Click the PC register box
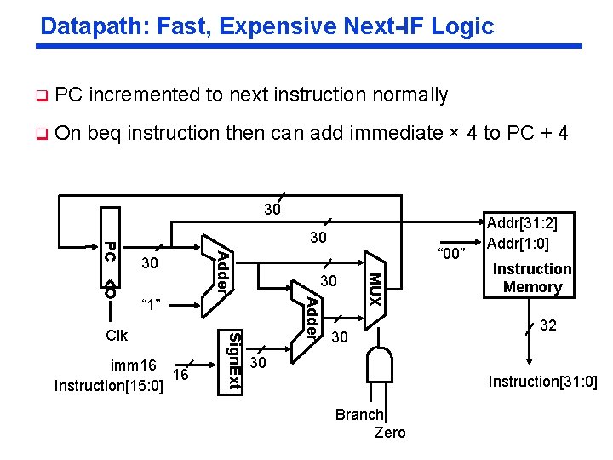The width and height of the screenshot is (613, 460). (x=110, y=254)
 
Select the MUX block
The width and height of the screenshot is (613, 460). (x=374, y=290)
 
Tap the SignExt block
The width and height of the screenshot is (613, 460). (x=234, y=360)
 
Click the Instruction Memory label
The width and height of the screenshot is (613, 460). (x=532, y=278)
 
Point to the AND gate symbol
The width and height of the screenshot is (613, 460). (x=379, y=367)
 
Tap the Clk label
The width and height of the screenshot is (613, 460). (x=116, y=336)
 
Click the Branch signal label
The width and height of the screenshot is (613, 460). (x=359, y=415)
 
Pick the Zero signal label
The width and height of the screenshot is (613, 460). (x=390, y=433)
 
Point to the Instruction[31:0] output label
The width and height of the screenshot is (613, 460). (x=542, y=381)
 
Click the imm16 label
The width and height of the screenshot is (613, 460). (x=134, y=365)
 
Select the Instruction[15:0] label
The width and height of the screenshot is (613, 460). (x=108, y=386)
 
